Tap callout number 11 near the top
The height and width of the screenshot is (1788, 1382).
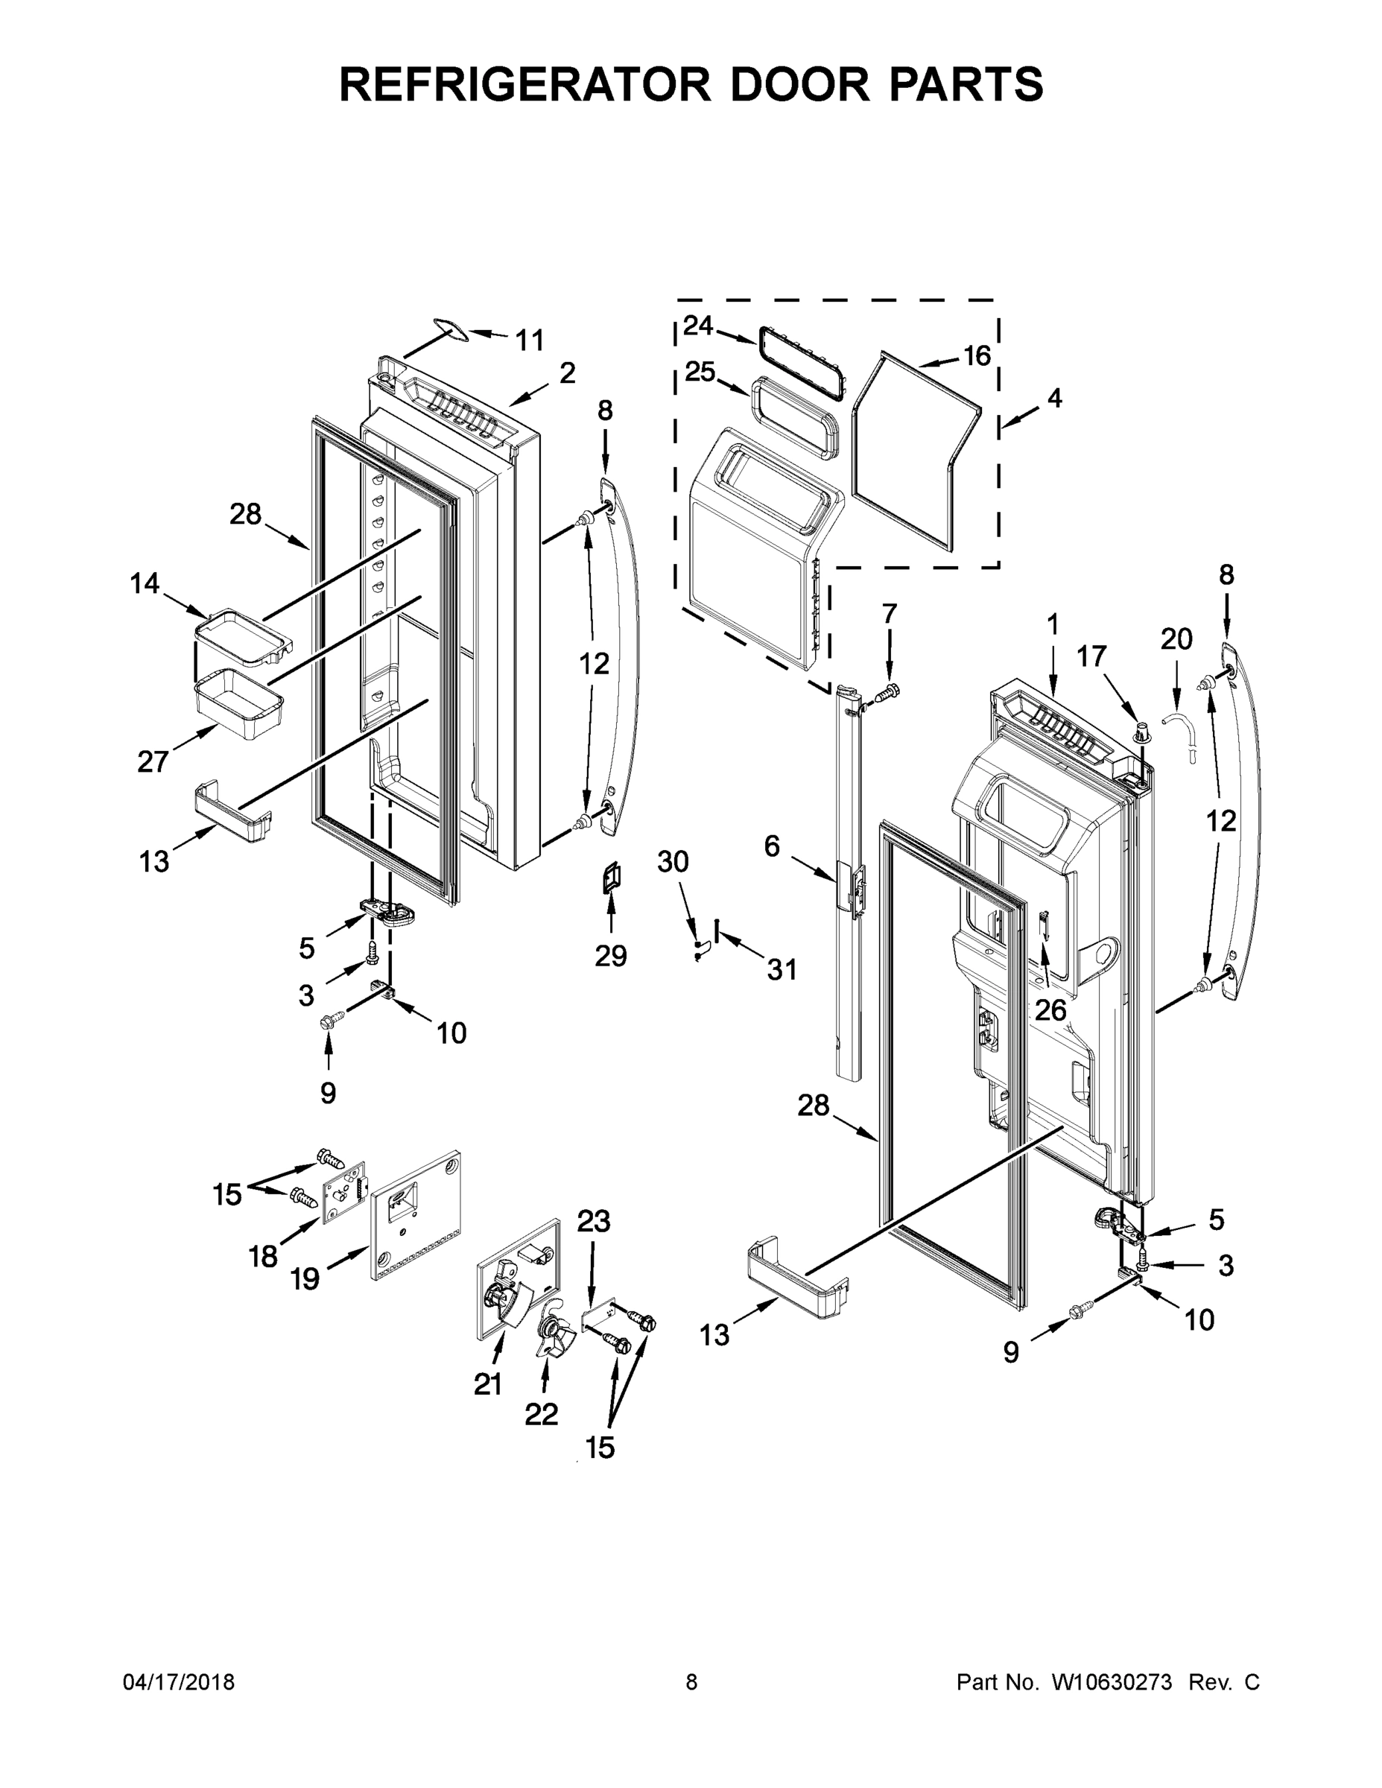(x=529, y=340)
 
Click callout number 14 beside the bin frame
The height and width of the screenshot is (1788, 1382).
(x=145, y=584)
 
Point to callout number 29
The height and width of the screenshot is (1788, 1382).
(x=611, y=955)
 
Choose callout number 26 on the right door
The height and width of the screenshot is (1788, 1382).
(x=1050, y=1010)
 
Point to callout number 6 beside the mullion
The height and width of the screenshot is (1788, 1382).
(x=771, y=846)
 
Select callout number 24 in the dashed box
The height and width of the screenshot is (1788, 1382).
(x=698, y=325)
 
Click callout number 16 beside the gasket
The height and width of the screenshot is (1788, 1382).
(x=976, y=355)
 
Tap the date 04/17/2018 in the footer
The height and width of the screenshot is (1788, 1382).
(x=179, y=1682)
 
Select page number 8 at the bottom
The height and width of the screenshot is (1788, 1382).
(x=691, y=1682)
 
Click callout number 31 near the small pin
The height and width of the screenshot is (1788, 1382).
(x=782, y=970)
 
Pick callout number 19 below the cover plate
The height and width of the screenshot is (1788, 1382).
(x=305, y=1278)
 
